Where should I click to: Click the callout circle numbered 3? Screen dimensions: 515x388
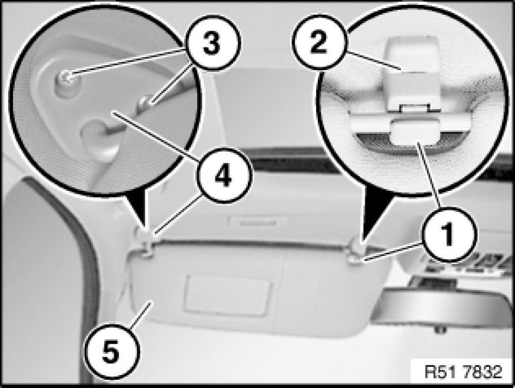pyautogui.click(x=212, y=43)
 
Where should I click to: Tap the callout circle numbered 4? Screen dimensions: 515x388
pyautogui.click(x=224, y=176)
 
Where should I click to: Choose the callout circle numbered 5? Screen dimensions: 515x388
pyautogui.click(x=111, y=351)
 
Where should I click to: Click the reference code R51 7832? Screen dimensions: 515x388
pyautogui.click(x=463, y=372)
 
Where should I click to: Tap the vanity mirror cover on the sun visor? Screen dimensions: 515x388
pyautogui.click(x=227, y=296)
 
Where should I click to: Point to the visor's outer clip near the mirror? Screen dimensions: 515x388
pyautogui.click(x=356, y=254)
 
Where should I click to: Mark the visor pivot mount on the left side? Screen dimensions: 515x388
pyautogui.click(x=145, y=245)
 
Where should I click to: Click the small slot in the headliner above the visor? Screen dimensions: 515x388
pyautogui.click(x=258, y=222)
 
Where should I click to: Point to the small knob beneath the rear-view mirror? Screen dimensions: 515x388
pyautogui.click(x=440, y=329)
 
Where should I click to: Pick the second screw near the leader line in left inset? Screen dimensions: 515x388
pyautogui.click(x=145, y=102)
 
